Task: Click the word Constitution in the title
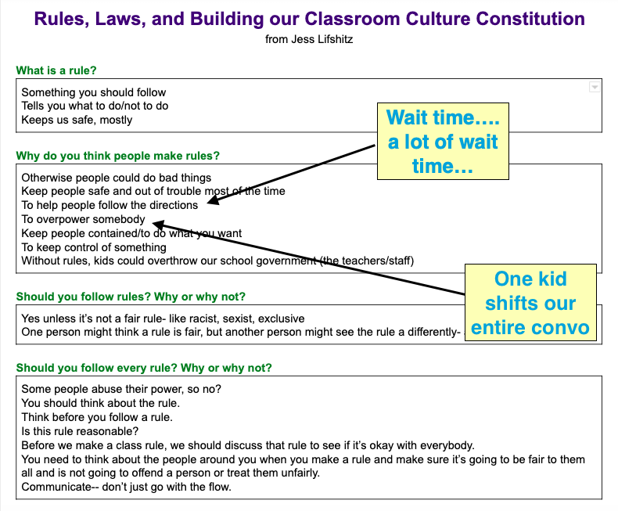517,18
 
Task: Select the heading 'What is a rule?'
56,70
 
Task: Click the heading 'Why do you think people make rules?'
117,156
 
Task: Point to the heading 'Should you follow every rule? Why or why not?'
144,368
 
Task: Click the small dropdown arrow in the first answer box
594,88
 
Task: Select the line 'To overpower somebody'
83,219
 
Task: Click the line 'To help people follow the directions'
110,205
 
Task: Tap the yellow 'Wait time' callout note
443,142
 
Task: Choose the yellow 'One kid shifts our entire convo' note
530,303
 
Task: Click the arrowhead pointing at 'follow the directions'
213,203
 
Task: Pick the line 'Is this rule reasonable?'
80,431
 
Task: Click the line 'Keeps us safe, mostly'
77,120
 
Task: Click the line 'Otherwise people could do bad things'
116,177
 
